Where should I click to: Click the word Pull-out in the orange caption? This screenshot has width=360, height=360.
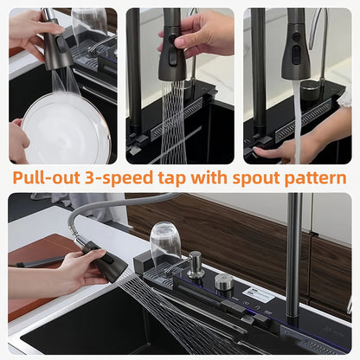pyautogui.click(x=47, y=178)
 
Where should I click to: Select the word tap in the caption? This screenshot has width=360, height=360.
pyautogui.click(x=172, y=179)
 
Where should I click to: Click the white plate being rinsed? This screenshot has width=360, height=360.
pyautogui.click(x=66, y=130)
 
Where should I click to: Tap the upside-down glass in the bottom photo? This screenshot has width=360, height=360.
pyautogui.click(x=165, y=245)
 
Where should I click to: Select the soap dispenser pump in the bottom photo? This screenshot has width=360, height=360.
pyautogui.click(x=195, y=264)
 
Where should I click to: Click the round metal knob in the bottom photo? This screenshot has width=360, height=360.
pyautogui.click(x=224, y=281)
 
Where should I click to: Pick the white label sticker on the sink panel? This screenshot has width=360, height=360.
pyautogui.click(x=258, y=294)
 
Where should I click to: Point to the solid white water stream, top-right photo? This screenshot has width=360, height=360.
pyautogui.click(x=297, y=121)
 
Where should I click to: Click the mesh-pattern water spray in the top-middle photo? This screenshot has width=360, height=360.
pyautogui.click(x=172, y=122)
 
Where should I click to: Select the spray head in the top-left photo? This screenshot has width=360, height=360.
pyautogui.click(x=57, y=42)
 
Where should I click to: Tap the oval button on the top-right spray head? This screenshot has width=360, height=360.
pyautogui.click(x=296, y=55)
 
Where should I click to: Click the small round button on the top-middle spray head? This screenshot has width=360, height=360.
pyautogui.click(x=172, y=38)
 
